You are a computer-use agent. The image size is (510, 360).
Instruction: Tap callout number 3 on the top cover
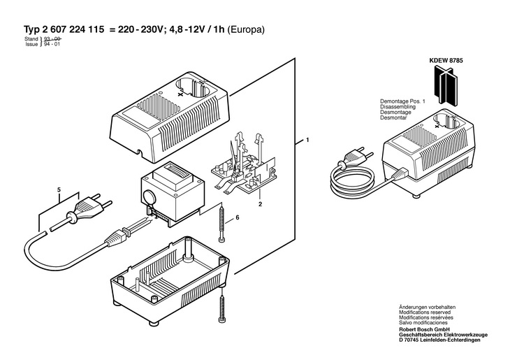click(181, 91)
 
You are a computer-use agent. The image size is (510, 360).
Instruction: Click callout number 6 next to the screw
click(237, 219)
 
